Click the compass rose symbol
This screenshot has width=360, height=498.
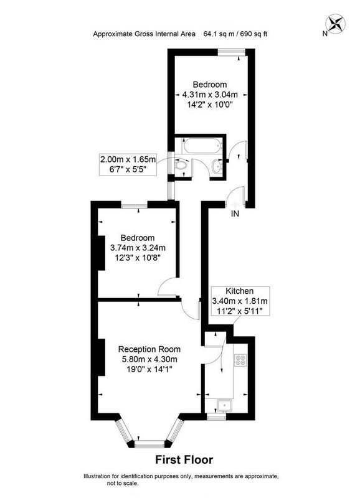pyautogui.click(x=336, y=24)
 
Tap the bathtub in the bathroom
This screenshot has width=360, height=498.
pyautogui.click(x=201, y=146)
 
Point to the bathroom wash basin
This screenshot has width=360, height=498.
pyautogui.click(x=217, y=166)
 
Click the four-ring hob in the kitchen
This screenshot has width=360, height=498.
pyautogui.click(x=240, y=360)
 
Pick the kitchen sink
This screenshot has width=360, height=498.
pyautogui.click(x=225, y=405)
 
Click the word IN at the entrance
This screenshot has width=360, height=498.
pyautogui.click(x=235, y=214)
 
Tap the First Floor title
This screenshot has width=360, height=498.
pyautogui.click(x=184, y=459)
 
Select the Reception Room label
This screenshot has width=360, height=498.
pyautogui.click(x=149, y=349)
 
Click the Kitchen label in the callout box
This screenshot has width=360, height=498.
pyautogui.click(x=240, y=291)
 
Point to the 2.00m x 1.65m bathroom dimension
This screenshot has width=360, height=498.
pyautogui.click(x=128, y=159)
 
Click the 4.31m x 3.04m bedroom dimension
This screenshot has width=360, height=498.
pyautogui.click(x=210, y=95)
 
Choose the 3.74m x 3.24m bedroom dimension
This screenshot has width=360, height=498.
pyautogui.click(x=138, y=247)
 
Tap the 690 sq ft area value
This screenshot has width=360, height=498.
pyautogui.click(x=253, y=34)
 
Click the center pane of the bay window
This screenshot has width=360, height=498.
pyautogui.click(x=150, y=444)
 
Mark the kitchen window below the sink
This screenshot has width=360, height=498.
pyautogui.click(x=216, y=416)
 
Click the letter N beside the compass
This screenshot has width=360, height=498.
pyautogui.click(x=324, y=34)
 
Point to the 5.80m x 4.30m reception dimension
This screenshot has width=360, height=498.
pyautogui.click(x=149, y=359)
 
